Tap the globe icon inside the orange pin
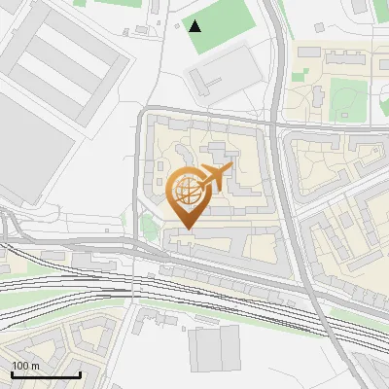(x=187, y=192)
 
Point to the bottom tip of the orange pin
(x=188, y=228)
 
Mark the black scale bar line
(x=45, y=374)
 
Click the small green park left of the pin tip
(x=148, y=228)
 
